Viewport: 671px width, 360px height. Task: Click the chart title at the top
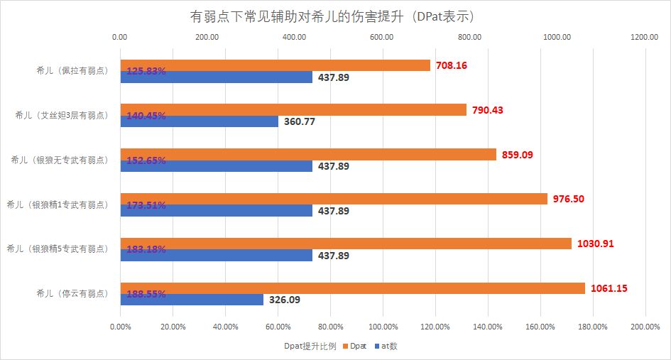(x=335, y=15)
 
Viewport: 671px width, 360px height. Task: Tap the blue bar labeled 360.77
(x=200, y=121)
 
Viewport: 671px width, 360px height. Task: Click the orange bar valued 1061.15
(x=353, y=288)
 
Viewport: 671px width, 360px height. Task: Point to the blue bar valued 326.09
(x=192, y=300)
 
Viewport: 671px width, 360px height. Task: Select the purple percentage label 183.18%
(x=146, y=249)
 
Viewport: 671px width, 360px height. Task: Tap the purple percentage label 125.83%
(x=146, y=71)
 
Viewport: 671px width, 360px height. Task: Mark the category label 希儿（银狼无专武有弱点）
(x=63, y=160)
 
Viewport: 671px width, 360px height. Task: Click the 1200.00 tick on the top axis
(x=644, y=38)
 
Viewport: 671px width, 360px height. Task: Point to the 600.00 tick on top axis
(x=382, y=38)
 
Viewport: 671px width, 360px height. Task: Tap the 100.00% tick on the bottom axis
(x=382, y=327)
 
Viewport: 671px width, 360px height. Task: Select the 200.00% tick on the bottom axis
(x=644, y=327)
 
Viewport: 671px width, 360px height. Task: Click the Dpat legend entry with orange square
(x=356, y=347)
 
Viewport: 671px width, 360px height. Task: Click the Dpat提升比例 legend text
(x=307, y=347)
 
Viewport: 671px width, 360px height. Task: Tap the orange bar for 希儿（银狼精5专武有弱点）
(x=346, y=244)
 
